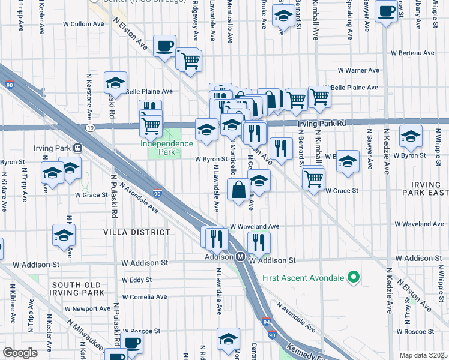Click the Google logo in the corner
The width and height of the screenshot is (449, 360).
pyautogui.click(x=20, y=353)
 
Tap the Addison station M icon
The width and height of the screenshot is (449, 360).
pyautogui.click(x=240, y=256)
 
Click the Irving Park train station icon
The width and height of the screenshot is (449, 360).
pyautogui.click(x=77, y=148)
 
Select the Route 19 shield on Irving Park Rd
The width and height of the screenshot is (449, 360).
pyautogui.click(x=90, y=127)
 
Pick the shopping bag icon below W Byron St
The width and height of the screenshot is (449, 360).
pyautogui.click(x=239, y=190)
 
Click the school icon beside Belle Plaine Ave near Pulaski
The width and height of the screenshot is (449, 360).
pyautogui.click(x=116, y=83)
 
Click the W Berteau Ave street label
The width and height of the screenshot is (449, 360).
pyautogui.click(x=412, y=52)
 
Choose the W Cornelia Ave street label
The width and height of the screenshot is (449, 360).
pyautogui.click(x=144, y=296)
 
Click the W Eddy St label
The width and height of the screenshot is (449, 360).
pyautogui.click(x=136, y=280)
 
